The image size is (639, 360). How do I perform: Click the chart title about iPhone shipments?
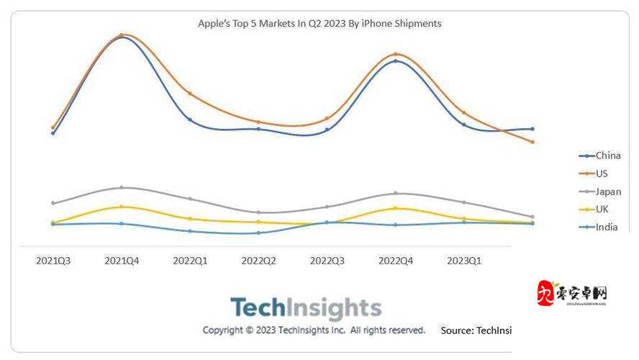[319, 23]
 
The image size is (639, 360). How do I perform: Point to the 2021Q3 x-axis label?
[53, 261]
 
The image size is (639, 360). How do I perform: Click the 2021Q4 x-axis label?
[122, 261]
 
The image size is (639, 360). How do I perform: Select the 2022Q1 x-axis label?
[190, 261]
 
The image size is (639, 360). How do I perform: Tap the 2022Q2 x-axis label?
[258, 261]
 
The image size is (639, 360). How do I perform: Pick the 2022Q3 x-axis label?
[327, 261]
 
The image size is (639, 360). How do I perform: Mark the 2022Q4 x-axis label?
[395, 261]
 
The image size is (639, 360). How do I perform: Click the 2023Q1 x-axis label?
[464, 261]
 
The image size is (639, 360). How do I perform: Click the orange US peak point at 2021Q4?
[122, 35]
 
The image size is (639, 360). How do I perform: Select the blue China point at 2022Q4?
[396, 61]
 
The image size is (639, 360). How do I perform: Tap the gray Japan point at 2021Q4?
[122, 187]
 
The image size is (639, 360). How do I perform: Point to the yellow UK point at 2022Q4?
[396, 208]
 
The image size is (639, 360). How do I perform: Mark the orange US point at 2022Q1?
[190, 94]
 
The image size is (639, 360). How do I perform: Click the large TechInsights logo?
[305, 308]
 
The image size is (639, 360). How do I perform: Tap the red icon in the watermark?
[546, 293]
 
